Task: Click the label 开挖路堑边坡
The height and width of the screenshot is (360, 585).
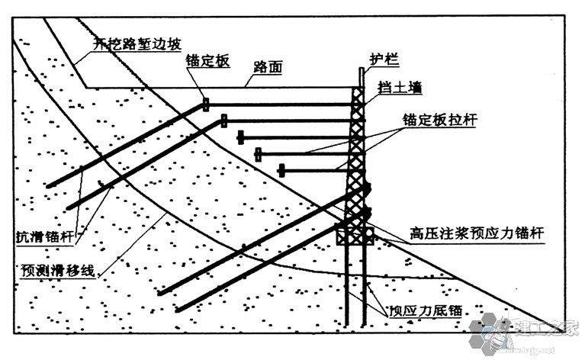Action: (138, 44)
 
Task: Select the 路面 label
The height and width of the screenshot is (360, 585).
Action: (268, 68)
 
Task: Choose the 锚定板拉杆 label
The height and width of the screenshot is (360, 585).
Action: (439, 121)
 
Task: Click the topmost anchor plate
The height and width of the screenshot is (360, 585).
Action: (205, 104)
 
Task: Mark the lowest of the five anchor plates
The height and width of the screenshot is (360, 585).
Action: (281, 170)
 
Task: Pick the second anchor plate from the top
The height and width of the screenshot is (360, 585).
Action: (224, 121)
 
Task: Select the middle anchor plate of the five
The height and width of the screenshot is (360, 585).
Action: (241, 137)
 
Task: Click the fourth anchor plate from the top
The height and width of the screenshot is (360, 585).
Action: (258, 154)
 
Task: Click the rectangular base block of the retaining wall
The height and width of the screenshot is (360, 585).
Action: (354, 233)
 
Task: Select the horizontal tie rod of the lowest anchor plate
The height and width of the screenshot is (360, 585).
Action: (316, 170)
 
